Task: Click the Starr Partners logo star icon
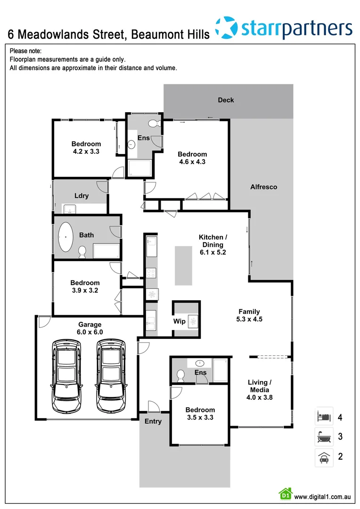(x=226, y=27)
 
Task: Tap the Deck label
(x=226, y=100)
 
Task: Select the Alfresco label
(x=263, y=187)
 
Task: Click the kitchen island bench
(x=183, y=265)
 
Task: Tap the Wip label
(x=180, y=322)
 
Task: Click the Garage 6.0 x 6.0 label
(x=90, y=328)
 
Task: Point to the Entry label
(x=153, y=421)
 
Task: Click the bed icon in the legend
(x=324, y=416)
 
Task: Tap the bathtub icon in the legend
(x=324, y=437)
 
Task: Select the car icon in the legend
(x=324, y=457)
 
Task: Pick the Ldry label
(x=82, y=196)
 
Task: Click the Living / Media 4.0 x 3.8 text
(x=259, y=390)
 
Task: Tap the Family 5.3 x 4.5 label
(x=250, y=315)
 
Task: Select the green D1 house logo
(x=285, y=494)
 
